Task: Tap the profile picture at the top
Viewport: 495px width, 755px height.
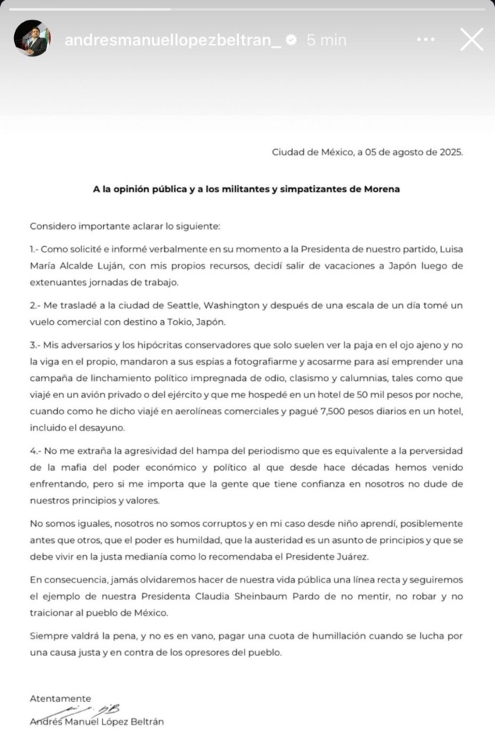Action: click(32, 38)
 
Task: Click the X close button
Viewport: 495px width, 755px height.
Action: click(471, 39)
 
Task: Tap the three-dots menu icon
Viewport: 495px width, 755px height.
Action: click(426, 40)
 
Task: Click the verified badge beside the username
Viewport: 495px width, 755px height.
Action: click(291, 40)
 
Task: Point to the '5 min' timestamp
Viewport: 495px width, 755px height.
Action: click(326, 40)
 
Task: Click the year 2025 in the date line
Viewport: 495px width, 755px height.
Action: click(450, 152)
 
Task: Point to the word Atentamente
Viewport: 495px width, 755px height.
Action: click(60, 698)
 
